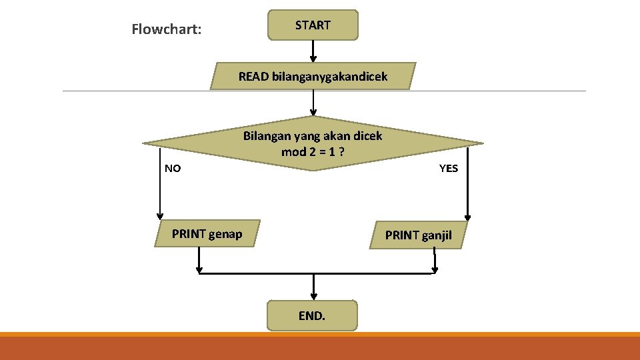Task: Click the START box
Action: pyautogui.click(x=313, y=25)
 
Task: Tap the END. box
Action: pyautogui.click(x=312, y=315)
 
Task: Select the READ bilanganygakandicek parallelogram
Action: pyautogui.click(x=313, y=77)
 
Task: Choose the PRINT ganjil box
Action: pyautogui.click(x=418, y=235)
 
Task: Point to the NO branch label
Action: pyautogui.click(x=173, y=168)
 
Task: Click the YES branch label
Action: pyautogui.click(x=449, y=168)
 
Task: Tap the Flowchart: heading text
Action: pyautogui.click(x=167, y=29)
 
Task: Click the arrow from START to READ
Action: pyautogui.click(x=313, y=51)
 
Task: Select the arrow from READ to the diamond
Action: pyautogui.click(x=313, y=103)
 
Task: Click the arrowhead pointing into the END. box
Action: pyautogui.click(x=313, y=296)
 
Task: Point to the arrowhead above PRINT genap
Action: pyautogui.click(x=160, y=215)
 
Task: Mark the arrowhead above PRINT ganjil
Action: pyautogui.click(x=468, y=216)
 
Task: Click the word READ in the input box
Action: pyautogui.click(x=253, y=77)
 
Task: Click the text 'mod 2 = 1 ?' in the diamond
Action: pyautogui.click(x=313, y=151)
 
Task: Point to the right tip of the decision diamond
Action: pyautogui.click(x=481, y=143)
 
